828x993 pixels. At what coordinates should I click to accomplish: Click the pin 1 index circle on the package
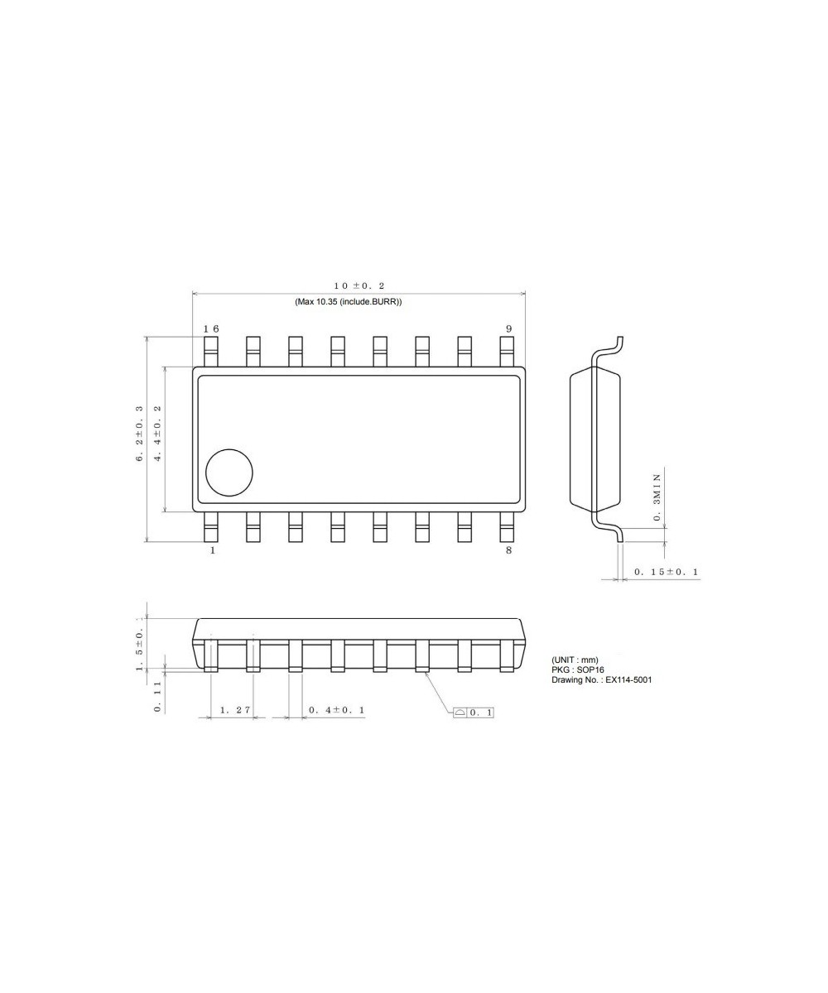[229, 473]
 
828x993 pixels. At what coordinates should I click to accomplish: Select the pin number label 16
[212, 329]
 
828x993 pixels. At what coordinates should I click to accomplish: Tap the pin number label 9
[508, 329]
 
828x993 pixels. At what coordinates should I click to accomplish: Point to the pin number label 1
[212, 550]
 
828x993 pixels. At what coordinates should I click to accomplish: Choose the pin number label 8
[508, 550]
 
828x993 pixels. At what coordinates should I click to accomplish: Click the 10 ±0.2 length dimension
[359, 285]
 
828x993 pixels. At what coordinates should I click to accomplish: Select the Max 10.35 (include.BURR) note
[348, 302]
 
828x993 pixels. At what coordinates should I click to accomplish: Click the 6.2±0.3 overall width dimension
[140, 434]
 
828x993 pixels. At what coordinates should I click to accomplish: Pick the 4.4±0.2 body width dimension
[157, 434]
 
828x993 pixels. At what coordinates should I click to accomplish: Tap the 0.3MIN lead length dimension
[657, 496]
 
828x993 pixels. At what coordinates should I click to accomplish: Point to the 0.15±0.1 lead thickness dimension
[666, 572]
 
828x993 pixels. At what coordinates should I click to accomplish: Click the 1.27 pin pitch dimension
[234, 710]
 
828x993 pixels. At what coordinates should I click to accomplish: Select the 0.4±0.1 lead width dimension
[336, 710]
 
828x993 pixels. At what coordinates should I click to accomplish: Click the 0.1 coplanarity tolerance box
[473, 712]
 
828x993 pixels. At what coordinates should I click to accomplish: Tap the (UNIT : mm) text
[575, 660]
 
